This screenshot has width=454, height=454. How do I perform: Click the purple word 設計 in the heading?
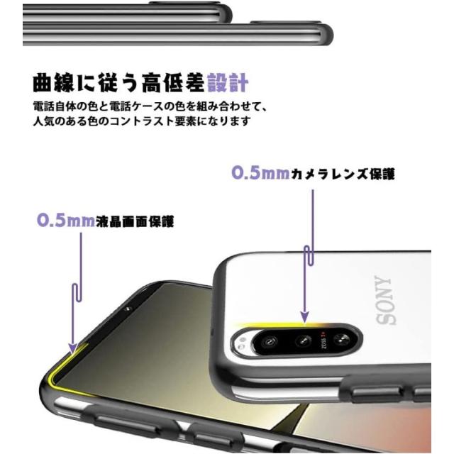pos(228,83)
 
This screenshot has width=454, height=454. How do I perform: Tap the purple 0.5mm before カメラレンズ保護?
pos(260,173)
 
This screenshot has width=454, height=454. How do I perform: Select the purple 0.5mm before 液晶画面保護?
pos(66,221)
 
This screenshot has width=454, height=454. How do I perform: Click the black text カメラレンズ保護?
pos(343,174)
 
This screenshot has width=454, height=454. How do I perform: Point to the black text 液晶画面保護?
pos(135,221)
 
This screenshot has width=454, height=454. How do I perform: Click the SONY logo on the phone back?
pos(386,300)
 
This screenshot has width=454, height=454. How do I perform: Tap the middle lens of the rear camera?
pos(303,341)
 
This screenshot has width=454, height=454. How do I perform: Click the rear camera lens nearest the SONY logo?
pos(340,339)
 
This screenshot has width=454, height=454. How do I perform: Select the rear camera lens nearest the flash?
pos(270,343)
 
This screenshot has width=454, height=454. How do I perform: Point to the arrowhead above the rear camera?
pos(304,317)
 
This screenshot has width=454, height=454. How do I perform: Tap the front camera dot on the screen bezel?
pos(126,309)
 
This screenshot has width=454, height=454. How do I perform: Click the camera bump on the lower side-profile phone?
pos(285,23)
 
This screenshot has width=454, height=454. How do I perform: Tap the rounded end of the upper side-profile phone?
pos(226,13)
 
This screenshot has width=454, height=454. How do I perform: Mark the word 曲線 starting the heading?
pos(53,83)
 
